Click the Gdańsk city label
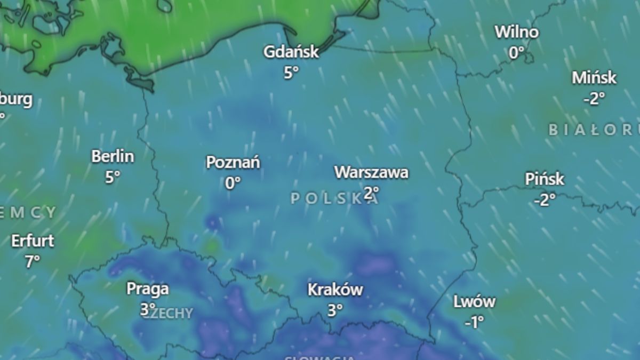(x=291, y=52)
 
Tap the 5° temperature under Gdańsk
(x=291, y=73)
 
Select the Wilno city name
(x=516, y=32)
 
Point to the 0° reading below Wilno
(x=516, y=52)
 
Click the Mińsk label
(x=594, y=78)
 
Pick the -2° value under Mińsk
(x=594, y=98)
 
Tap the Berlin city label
(x=113, y=156)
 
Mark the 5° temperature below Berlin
(x=113, y=177)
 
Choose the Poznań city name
(x=233, y=162)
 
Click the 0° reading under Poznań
(x=233, y=183)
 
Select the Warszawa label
(x=371, y=172)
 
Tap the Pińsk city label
(x=545, y=179)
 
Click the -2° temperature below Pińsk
(x=545, y=199)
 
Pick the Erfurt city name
(x=33, y=241)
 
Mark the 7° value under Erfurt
(x=33, y=261)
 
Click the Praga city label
(x=148, y=289)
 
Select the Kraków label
(x=335, y=290)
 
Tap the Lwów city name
(x=474, y=302)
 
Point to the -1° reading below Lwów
(x=474, y=322)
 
